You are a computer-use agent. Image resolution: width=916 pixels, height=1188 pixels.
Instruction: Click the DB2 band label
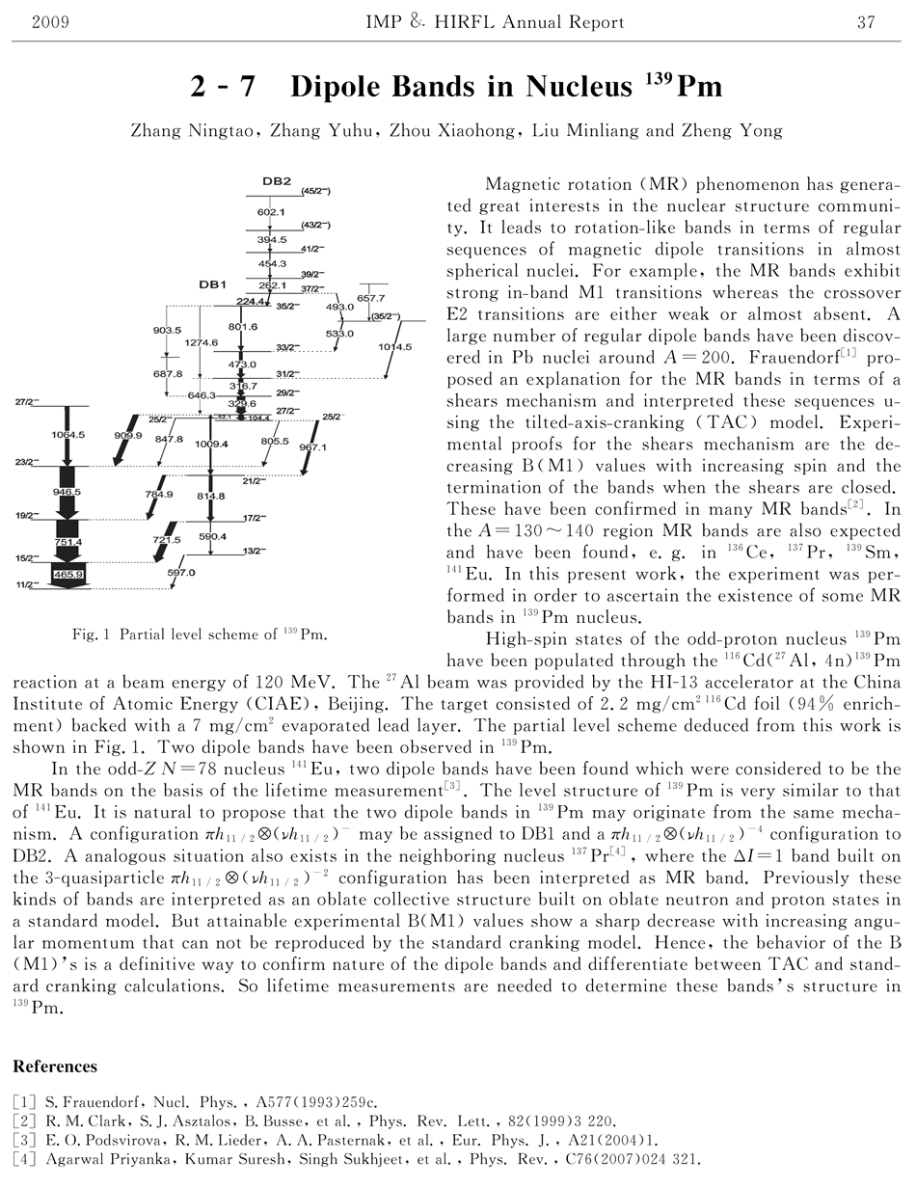pyautogui.click(x=276, y=182)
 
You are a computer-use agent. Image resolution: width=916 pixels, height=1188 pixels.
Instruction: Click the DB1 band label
pyautogui.click(x=212, y=285)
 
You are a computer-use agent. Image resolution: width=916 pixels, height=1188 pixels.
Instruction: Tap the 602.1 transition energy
pyautogui.click(x=272, y=211)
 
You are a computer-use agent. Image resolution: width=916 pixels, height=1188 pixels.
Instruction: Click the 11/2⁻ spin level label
pyautogui.click(x=25, y=585)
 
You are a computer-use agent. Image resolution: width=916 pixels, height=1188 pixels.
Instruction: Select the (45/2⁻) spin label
pyautogui.click(x=317, y=192)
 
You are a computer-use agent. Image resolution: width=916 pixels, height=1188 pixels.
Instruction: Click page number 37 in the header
pyautogui.click(x=865, y=22)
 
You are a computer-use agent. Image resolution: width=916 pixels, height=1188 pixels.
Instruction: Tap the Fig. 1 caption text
pyautogui.click(x=199, y=634)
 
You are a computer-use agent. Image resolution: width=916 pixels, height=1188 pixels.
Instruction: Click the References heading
pyautogui.click(x=55, y=1066)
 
